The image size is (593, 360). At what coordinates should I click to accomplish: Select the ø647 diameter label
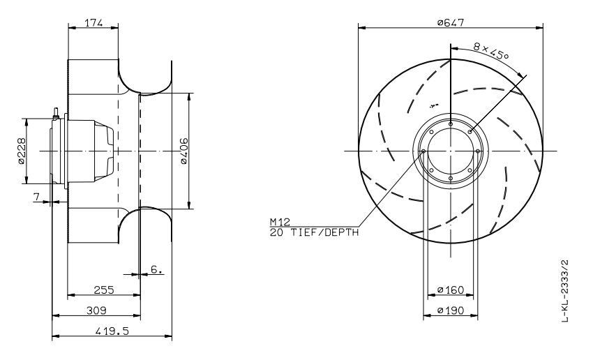click(x=451, y=22)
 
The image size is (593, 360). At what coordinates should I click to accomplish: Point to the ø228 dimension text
click(x=21, y=150)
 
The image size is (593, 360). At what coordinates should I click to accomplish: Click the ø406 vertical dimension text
click(x=182, y=151)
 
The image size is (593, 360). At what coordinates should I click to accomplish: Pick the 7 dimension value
click(x=36, y=197)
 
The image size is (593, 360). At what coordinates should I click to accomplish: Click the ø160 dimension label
click(x=451, y=289)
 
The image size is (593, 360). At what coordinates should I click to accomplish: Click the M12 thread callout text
click(x=279, y=222)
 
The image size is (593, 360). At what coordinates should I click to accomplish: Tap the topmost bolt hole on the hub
click(x=451, y=124)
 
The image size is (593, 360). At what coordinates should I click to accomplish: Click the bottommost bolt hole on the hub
click(x=451, y=178)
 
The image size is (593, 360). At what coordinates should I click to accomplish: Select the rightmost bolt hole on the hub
click(x=478, y=151)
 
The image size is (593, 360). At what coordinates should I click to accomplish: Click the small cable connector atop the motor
click(x=55, y=111)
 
